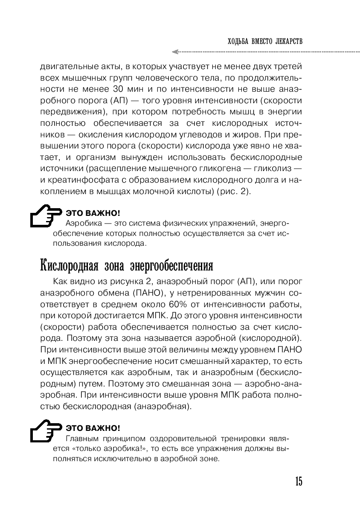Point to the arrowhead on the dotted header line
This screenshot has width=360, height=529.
(x=174, y=52)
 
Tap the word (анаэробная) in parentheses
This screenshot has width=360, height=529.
(x=163, y=406)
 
